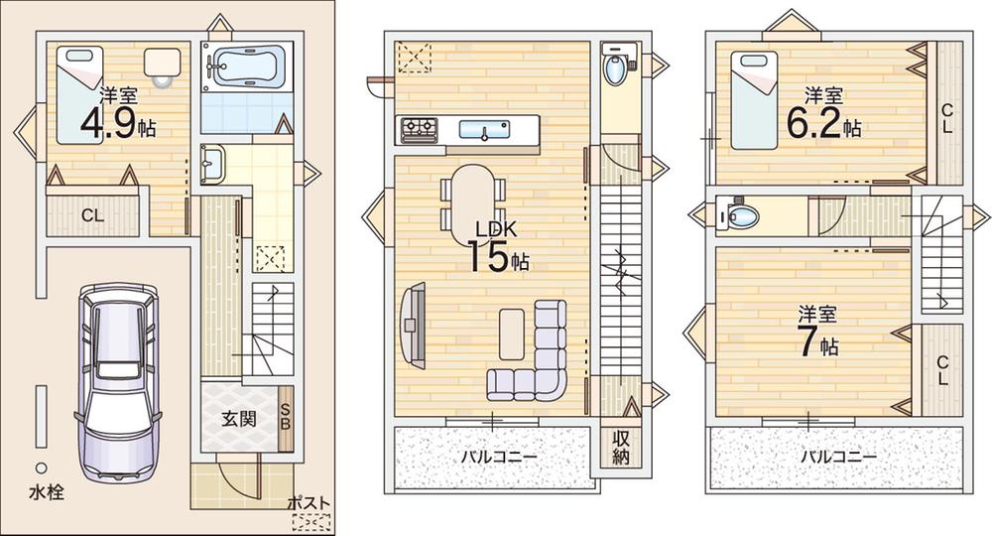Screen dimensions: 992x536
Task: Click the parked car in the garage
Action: (118, 381)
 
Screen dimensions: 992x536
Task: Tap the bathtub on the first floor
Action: (247, 65)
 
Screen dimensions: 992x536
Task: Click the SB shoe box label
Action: (285, 417)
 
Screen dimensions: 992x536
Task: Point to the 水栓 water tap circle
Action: (41, 468)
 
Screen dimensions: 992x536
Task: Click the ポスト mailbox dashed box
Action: (311, 522)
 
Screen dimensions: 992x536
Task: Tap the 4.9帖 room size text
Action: (118, 125)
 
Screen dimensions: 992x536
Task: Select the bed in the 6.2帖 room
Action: (754, 100)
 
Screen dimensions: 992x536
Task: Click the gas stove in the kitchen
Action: (419, 130)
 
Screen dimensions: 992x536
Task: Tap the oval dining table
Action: (471, 204)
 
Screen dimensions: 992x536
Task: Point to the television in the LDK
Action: (413, 325)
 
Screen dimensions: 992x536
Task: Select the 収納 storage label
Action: (621, 448)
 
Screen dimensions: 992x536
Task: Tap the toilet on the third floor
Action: (739, 215)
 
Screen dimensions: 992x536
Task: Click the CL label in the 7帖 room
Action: (942, 371)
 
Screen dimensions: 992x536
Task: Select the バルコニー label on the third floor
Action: (838, 457)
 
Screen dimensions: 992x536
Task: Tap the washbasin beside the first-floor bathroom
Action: (210, 164)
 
